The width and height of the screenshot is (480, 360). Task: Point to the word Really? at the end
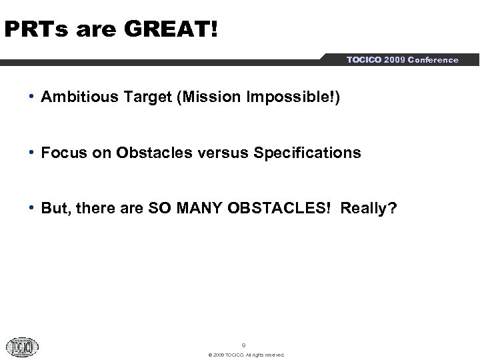[x=369, y=209]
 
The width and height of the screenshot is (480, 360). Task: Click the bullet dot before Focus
[x=33, y=152]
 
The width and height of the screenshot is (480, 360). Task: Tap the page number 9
[x=243, y=345]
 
